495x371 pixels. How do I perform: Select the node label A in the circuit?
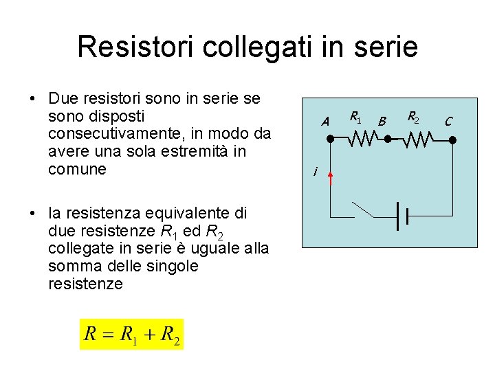(326, 122)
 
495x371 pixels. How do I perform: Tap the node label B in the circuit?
(383, 122)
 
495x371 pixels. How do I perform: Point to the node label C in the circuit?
(448, 122)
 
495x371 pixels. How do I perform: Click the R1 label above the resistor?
(355, 117)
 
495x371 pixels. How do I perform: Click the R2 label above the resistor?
(414, 117)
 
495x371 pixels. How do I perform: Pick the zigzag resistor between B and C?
(417, 139)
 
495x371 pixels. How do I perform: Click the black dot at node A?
(330, 139)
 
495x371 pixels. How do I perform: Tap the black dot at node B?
(388, 139)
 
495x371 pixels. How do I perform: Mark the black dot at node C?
(452, 139)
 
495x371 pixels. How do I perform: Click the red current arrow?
(330, 179)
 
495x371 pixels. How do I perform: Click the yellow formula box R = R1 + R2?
(132, 335)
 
